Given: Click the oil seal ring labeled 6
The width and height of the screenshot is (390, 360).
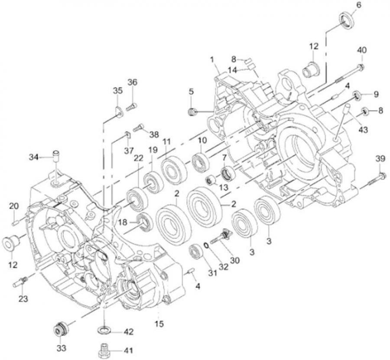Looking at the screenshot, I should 346,20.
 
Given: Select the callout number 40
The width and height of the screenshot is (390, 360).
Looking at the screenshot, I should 361,50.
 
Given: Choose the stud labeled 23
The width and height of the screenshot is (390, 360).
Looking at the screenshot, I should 21,282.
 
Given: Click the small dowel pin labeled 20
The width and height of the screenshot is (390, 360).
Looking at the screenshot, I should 14,223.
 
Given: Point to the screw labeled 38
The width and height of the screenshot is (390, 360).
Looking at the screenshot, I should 139,127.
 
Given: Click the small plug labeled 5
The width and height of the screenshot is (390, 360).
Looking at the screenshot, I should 192,113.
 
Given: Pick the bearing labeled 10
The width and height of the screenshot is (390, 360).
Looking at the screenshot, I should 201,162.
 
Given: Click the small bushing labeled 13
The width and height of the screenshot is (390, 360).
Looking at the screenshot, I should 210,179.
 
